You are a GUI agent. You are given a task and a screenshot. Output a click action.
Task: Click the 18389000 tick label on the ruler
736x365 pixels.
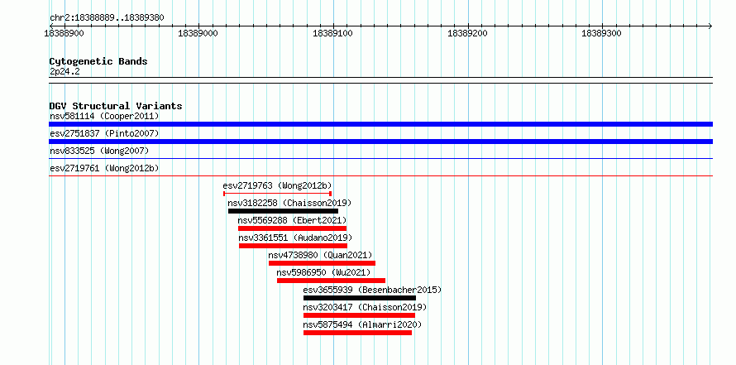point(198,33)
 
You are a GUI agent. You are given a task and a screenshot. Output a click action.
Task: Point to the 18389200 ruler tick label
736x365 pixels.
point(467,33)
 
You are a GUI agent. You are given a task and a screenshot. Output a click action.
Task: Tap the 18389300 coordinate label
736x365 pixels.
point(601,33)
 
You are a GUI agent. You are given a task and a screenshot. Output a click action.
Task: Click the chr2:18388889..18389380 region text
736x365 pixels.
point(107,18)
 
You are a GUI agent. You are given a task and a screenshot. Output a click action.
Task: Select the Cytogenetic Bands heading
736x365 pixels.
point(98,61)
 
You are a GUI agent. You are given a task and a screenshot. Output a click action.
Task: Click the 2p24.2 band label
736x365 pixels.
point(65,72)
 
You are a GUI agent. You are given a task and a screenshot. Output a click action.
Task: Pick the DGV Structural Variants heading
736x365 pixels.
point(116,106)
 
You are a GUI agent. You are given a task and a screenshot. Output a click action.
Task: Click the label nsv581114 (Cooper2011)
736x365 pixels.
point(104,116)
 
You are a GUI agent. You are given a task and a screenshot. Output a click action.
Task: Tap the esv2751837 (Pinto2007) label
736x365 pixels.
point(104,133)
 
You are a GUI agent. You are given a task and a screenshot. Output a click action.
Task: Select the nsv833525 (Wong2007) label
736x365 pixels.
point(99,151)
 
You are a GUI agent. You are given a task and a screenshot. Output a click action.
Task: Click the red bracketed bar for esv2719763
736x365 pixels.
point(277,194)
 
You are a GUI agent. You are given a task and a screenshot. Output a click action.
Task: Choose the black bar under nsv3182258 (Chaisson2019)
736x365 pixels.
point(283,211)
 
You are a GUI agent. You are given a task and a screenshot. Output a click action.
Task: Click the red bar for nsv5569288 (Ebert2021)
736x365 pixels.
point(292,228)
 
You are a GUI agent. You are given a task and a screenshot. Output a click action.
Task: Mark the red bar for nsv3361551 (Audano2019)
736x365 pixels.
point(293,246)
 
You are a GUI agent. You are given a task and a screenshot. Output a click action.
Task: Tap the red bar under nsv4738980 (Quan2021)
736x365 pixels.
point(322,263)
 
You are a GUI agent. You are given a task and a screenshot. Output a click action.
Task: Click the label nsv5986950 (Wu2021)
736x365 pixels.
point(323,272)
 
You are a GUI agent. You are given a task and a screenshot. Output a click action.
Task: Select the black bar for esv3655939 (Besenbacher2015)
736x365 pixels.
point(360,298)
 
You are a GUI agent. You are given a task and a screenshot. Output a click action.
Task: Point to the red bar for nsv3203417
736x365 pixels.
point(359,315)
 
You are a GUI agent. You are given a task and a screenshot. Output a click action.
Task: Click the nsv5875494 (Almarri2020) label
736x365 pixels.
point(362,324)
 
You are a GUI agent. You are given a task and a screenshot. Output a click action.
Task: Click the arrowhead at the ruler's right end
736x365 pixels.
point(710,26)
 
